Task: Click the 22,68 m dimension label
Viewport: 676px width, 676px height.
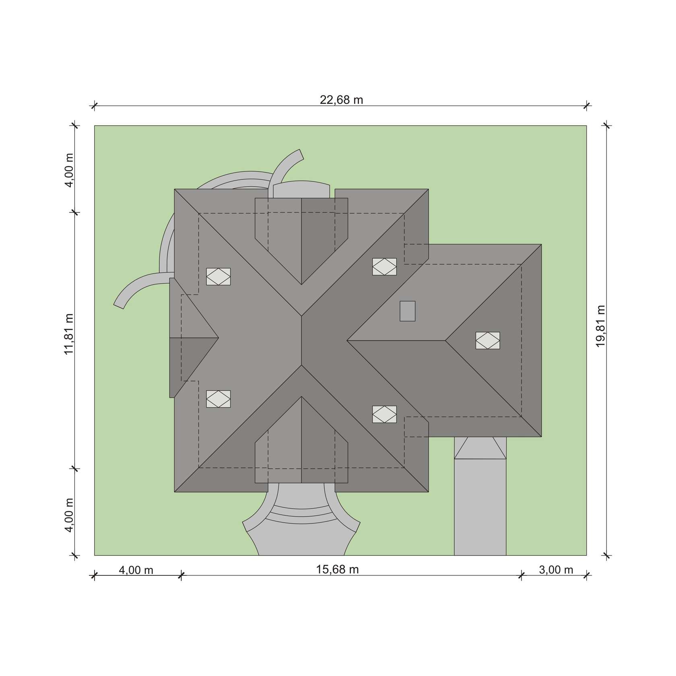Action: point(341,99)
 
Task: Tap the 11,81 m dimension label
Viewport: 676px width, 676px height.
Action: point(69,334)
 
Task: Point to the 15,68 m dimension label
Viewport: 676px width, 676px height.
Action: point(337,569)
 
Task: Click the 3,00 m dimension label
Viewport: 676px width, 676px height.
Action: point(556,570)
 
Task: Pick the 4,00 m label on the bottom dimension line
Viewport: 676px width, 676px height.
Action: point(136,570)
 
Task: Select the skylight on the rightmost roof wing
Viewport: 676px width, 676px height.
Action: point(488,340)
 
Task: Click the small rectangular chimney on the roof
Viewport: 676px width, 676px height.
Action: point(408,311)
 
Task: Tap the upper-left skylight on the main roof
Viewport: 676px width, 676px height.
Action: point(218,276)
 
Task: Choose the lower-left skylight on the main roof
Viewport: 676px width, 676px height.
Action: point(218,399)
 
